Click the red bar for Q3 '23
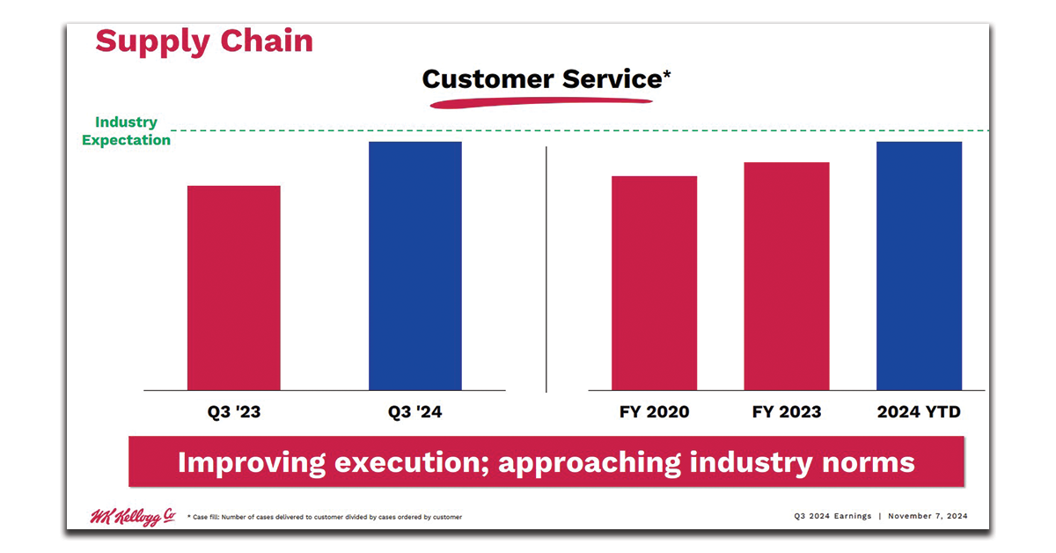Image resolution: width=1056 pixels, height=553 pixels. (x=233, y=287)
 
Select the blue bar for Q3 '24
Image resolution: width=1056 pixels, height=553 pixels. (x=414, y=265)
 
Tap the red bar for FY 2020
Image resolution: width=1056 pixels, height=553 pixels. (x=654, y=283)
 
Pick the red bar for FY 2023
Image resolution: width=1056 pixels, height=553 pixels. (x=786, y=276)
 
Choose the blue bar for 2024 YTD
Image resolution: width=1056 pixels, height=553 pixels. (x=919, y=265)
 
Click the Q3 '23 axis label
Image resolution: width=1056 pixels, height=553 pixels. (x=233, y=412)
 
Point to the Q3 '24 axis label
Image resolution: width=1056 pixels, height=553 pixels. (x=414, y=412)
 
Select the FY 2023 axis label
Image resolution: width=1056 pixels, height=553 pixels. (x=787, y=412)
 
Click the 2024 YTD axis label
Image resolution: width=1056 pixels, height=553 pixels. (x=919, y=412)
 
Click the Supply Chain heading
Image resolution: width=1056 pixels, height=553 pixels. (x=203, y=41)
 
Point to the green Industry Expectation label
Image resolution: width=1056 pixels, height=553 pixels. (x=126, y=131)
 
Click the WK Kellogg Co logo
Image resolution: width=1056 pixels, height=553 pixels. (x=132, y=517)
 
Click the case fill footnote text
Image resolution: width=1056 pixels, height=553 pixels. (x=325, y=518)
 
